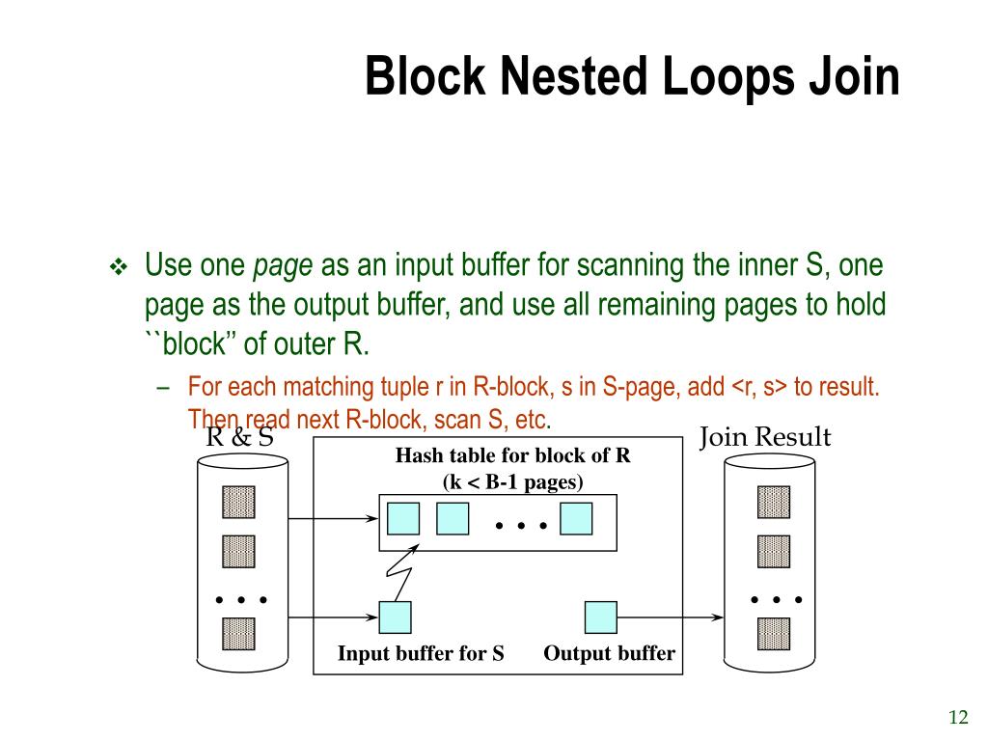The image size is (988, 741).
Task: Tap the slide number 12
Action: [957, 717]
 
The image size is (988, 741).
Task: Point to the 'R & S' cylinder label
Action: [240, 437]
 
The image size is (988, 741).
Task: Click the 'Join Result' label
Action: [764, 437]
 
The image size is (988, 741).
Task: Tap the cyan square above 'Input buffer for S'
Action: [395, 617]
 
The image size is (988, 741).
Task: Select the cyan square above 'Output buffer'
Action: [600, 617]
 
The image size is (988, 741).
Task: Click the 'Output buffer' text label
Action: [609, 653]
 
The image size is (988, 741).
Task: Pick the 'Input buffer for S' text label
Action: [421, 653]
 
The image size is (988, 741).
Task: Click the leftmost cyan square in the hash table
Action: [402, 519]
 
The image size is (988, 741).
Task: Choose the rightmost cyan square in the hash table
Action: [575, 519]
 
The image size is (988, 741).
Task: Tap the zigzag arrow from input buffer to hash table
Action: [401, 577]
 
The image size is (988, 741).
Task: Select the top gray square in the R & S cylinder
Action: [238, 502]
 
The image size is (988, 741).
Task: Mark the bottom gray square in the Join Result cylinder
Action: [773, 633]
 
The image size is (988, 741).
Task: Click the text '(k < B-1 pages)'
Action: [512, 481]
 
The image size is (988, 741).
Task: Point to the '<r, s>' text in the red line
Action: [759, 388]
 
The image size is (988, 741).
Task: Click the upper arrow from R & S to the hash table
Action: [333, 519]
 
